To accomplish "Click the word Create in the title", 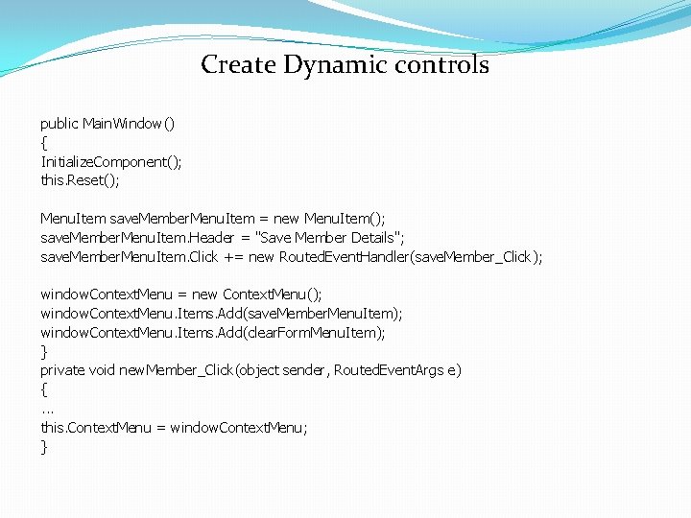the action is (x=237, y=65).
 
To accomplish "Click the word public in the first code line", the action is (x=60, y=124).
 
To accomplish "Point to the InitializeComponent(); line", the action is (x=110, y=161).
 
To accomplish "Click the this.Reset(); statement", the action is (x=80, y=180).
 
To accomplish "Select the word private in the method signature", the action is (x=62, y=370).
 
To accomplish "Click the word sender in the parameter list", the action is (x=304, y=370).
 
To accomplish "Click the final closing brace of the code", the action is (x=43, y=446).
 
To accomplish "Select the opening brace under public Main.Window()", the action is (x=43, y=142).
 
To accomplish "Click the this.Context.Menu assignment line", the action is (x=174, y=427).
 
